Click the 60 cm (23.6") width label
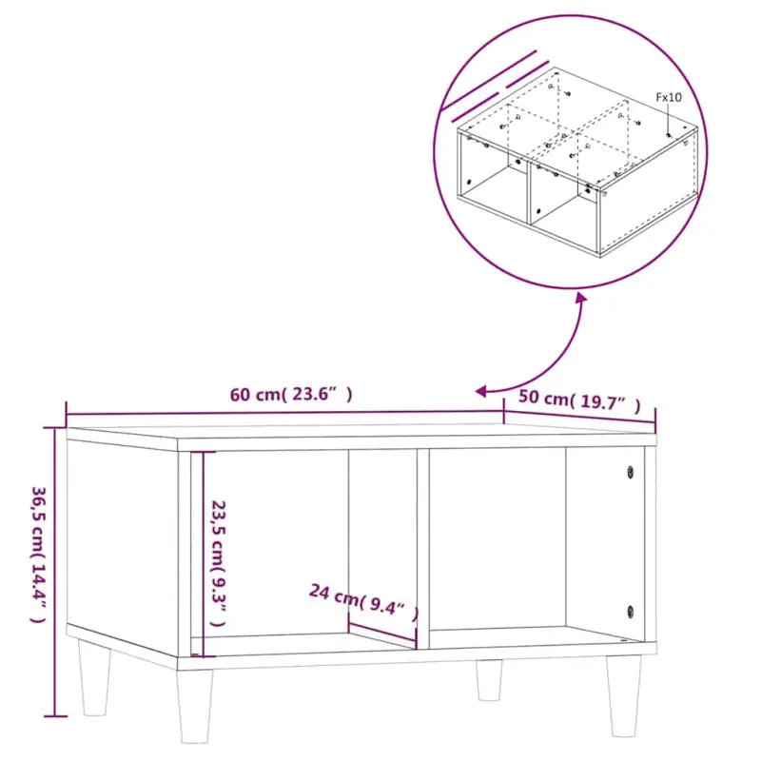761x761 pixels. click(291, 396)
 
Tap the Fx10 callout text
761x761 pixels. click(669, 97)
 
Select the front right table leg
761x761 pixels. click(624, 694)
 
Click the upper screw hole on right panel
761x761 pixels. click(629, 470)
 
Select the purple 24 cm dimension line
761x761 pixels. click(382, 634)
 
